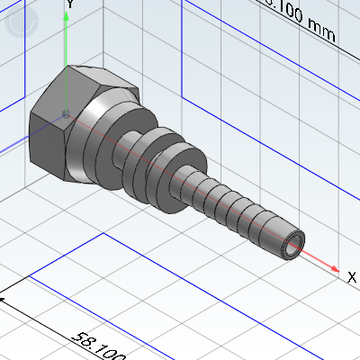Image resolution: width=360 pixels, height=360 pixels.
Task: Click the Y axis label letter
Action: [70, 4]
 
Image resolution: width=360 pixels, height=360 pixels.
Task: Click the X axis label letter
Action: [352, 278]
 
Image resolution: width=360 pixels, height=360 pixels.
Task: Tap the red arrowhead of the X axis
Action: [336, 268]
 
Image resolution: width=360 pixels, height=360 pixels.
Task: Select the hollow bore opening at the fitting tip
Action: [292, 243]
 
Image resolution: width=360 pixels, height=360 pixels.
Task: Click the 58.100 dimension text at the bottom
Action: [99, 346]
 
